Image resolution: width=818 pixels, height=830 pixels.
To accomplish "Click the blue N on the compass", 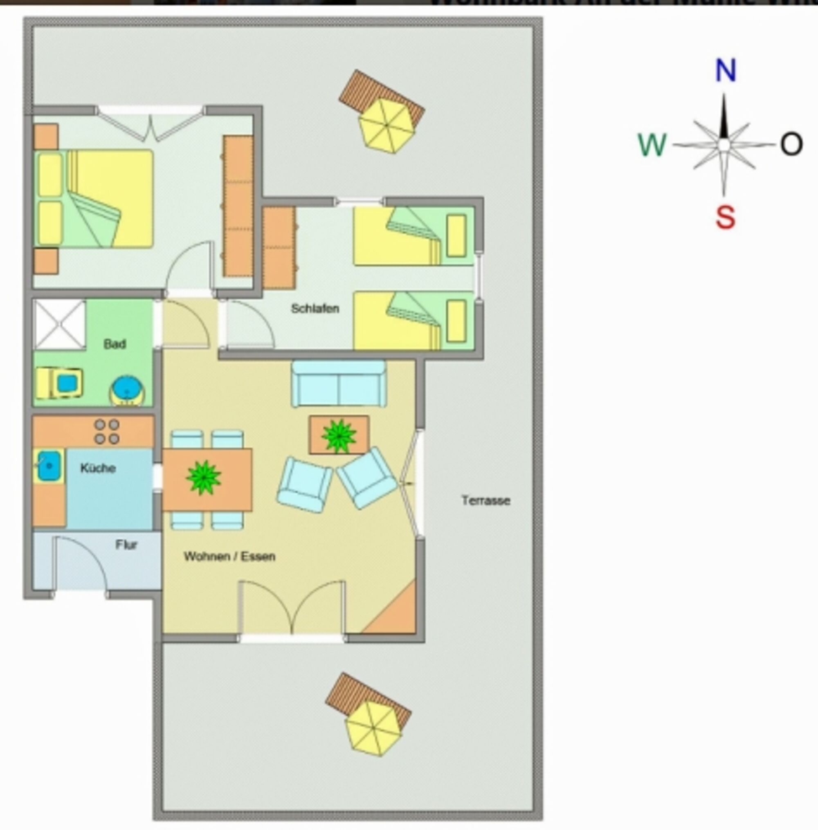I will tap(726, 70).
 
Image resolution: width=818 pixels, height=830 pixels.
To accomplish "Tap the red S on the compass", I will tap(725, 217).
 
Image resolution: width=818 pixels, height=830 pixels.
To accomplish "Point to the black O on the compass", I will tap(791, 144).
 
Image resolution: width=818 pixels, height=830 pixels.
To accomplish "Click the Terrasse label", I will tap(486, 500).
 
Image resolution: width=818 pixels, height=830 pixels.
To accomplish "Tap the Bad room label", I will tap(115, 343).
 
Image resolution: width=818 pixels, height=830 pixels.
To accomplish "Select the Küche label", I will tap(98, 468).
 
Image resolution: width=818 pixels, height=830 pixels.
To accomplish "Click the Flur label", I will tap(126, 545).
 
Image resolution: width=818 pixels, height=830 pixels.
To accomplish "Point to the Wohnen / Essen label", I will tap(229, 556).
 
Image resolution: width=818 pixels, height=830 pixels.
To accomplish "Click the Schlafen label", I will tap(315, 308).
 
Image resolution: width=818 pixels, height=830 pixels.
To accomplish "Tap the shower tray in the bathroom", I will tap(60, 324).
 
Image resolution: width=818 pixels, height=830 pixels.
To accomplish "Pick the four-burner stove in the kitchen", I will tap(107, 431).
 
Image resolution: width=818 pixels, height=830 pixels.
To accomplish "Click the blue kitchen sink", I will tap(49, 465).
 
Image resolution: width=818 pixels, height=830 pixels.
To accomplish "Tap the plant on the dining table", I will tap(204, 477).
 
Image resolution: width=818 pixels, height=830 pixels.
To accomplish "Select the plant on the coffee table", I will tap(339, 435).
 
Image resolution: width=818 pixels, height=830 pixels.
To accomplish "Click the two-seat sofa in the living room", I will tap(339, 384).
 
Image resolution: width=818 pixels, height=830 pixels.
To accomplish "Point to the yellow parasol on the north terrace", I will tap(386, 125).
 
